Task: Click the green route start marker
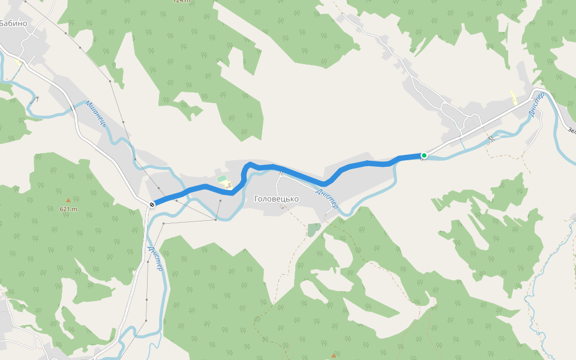tap(424, 155)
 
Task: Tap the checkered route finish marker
tap(152, 205)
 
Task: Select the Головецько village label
tap(277, 199)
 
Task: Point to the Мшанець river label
tap(95, 114)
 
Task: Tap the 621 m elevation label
tap(68, 209)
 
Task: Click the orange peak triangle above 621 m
tap(68, 200)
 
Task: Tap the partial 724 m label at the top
tap(181, 2)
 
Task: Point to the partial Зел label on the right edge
tap(571, 130)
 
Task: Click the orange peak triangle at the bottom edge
tap(334, 356)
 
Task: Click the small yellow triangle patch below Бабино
tap(18, 61)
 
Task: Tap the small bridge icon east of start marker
tap(491, 139)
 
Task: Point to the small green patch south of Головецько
tap(314, 229)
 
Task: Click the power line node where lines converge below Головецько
tap(215, 220)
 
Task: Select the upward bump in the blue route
tap(249, 164)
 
